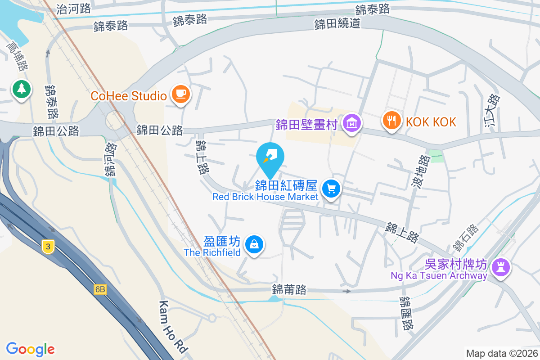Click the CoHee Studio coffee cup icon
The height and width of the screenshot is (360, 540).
(x=181, y=94)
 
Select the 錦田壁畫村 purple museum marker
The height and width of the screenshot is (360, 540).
(x=351, y=122)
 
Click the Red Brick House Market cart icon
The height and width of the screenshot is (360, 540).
(x=332, y=189)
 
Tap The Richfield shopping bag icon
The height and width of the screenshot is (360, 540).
(x=254, y=245)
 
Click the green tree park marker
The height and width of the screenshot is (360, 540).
(x=21, y=88)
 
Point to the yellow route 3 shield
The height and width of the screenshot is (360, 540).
(x=48, y=246)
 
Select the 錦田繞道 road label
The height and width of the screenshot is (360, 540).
(x=337, y=23)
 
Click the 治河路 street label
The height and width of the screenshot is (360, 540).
(x=74, y=8)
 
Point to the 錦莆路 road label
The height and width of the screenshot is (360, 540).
(x=289, y=289)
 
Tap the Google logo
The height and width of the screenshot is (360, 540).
(x=31, y=349)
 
